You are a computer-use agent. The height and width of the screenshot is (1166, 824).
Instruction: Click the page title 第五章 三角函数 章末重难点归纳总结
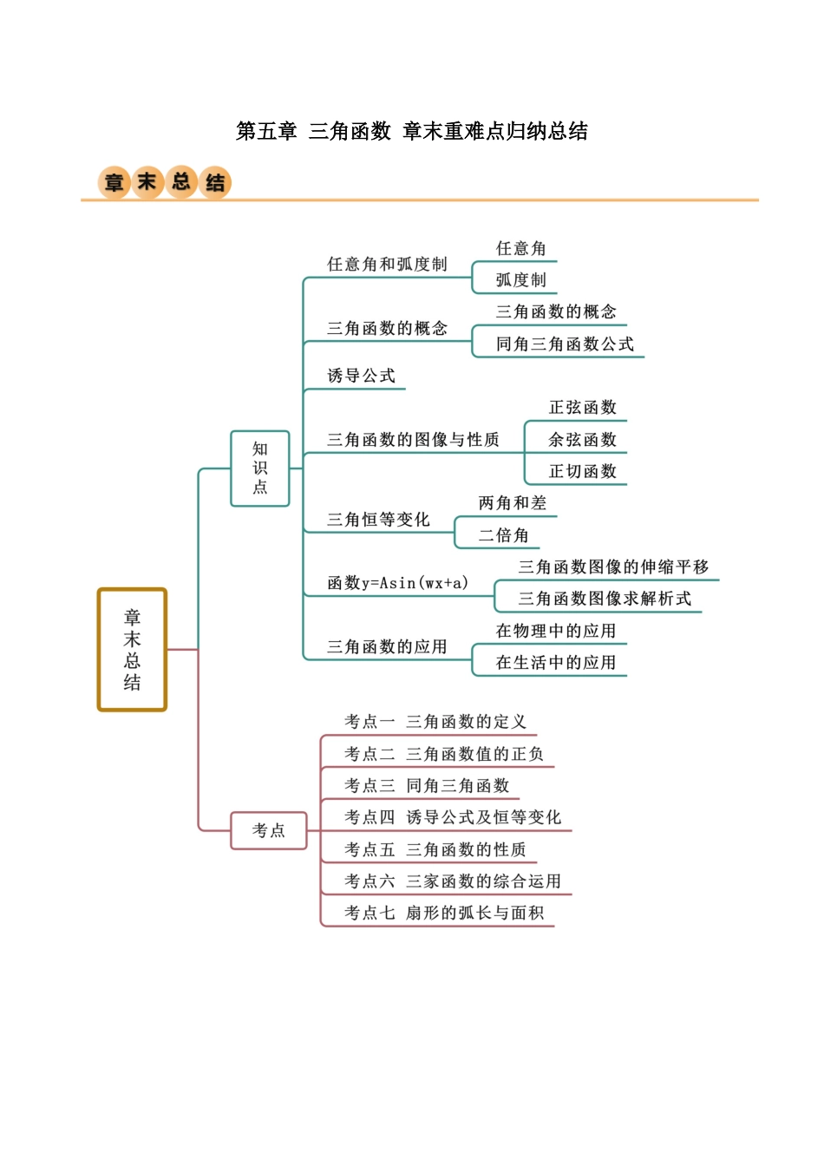coord(412,131)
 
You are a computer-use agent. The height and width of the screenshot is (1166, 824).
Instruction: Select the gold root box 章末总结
coord(132,649)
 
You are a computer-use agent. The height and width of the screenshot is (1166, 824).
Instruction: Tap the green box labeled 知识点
coord(259,468)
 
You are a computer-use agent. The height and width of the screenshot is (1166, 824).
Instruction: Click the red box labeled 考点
coord(269,830)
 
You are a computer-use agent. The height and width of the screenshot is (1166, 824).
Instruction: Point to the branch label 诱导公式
coord(361,376)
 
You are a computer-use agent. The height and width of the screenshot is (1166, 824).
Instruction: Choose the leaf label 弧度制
coord(521,280)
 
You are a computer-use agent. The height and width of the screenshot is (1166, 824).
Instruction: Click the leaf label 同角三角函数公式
coord(565,344)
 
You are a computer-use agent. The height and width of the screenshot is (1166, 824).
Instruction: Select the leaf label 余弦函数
coord(583,439)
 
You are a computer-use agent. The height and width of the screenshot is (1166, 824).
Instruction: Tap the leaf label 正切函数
coord(583,471)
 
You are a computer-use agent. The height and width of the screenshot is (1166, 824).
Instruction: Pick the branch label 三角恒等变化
coord(378,519)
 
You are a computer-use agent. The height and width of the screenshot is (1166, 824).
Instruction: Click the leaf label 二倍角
coord(503,535)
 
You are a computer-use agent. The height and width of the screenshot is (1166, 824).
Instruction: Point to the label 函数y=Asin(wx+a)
coord(397,582)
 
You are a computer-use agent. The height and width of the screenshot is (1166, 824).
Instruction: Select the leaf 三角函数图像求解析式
coord(605,599)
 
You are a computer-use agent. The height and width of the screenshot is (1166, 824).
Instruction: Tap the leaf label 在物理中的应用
coord(556,631)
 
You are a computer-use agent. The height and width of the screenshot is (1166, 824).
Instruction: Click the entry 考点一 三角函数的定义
coord(435,722)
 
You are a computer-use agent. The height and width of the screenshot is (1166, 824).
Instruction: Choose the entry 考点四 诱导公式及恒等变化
coord(453,817)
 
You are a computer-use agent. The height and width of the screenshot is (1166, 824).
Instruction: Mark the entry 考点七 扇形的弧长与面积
coord(444,913)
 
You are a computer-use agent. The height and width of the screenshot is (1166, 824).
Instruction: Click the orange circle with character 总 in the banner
coord(180,181)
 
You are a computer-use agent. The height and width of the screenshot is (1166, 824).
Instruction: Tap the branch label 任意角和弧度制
coord(387,264)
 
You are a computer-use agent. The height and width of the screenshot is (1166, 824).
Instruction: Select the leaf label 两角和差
coord(513,503)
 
